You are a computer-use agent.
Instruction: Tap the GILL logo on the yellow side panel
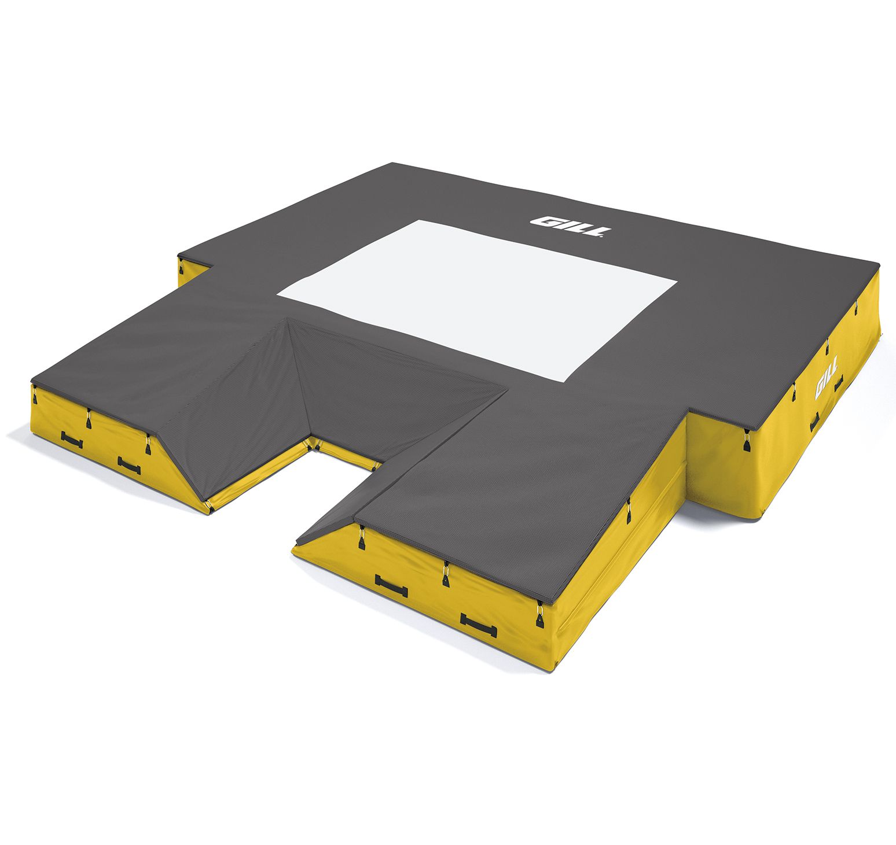(x=825, y=383)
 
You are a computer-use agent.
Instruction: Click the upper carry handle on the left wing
(x=71, y=440)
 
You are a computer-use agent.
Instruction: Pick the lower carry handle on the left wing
(x=128, y=465)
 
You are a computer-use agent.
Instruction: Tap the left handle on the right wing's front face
(x=391, y=586)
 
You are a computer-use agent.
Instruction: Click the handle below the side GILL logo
(x=814, y=422)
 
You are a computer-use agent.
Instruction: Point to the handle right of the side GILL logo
(x=838, y=383)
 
